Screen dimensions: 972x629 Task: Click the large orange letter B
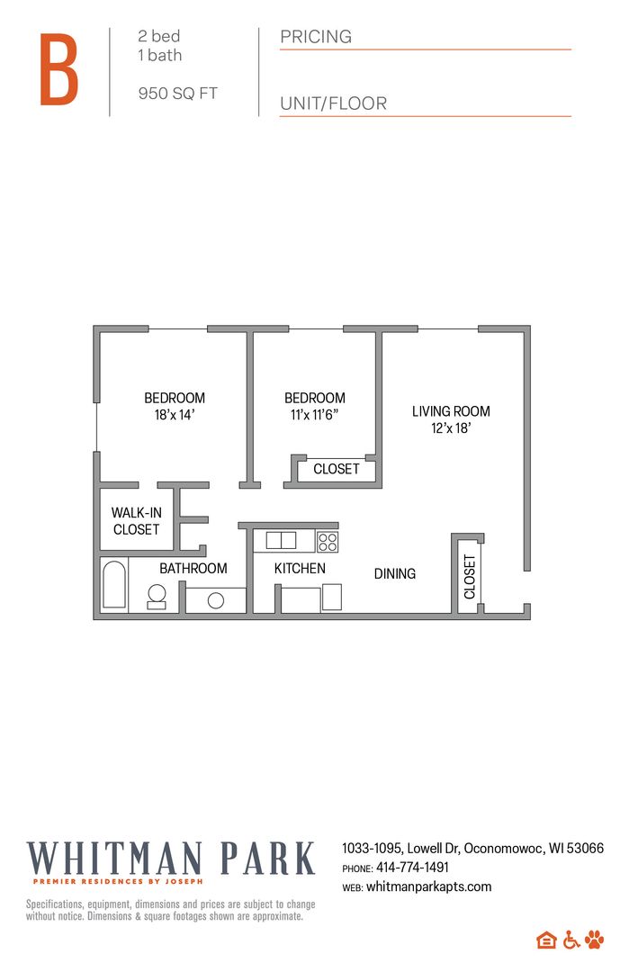click(59, 70)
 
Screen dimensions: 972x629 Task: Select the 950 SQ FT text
click(177, 94)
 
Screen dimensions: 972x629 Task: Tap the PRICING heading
click(316, 37)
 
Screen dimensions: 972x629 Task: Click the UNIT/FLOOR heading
click(333, 103)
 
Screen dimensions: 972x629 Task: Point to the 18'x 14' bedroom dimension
click(175, 415)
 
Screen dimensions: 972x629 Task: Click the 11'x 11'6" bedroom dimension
click(314, 415)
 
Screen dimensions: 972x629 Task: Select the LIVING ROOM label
click(451, 411)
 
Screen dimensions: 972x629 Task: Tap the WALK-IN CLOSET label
click(136, 521)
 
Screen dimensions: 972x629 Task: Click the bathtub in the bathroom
click(114, 585)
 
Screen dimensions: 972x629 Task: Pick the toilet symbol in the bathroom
click(157, 596)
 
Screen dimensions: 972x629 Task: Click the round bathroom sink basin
click(216, 600)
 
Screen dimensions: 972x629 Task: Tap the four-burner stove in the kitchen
click(328, 541)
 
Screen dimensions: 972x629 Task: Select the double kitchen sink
click(281, 540)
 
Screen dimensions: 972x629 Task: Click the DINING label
click(394, 573)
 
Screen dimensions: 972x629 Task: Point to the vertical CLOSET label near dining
click(469, 577)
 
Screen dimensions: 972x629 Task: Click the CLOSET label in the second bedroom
click(336, 469)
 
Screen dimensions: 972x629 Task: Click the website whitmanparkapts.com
click(428, 886)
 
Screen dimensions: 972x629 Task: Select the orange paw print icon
click(595, 940)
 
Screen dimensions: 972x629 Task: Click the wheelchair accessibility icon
click(571, 940)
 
